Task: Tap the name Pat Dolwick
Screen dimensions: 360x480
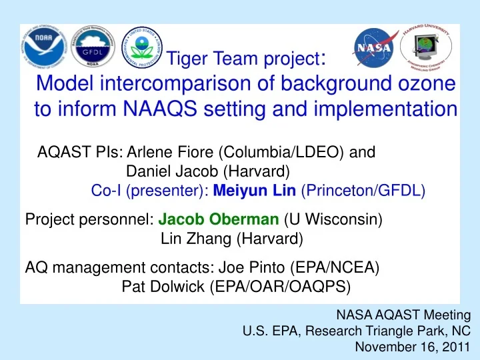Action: click(164, 287)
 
